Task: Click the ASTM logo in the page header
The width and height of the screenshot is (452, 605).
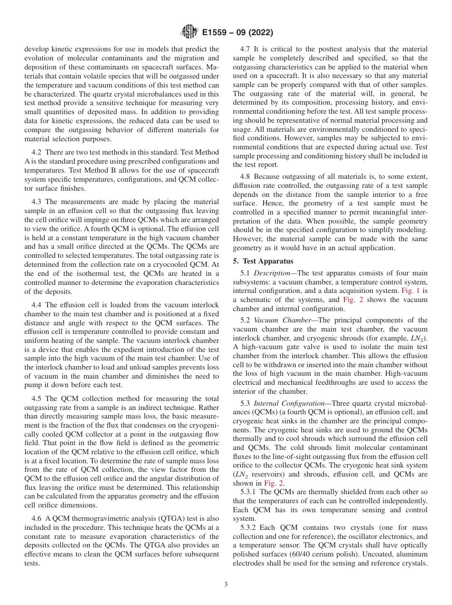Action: (x=189, y=33)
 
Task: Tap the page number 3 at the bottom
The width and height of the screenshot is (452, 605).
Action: (x=226, y=585)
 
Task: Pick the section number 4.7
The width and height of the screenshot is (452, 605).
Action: (x=246, y=49)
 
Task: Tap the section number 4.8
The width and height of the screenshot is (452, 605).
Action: (x=246, y=177)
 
